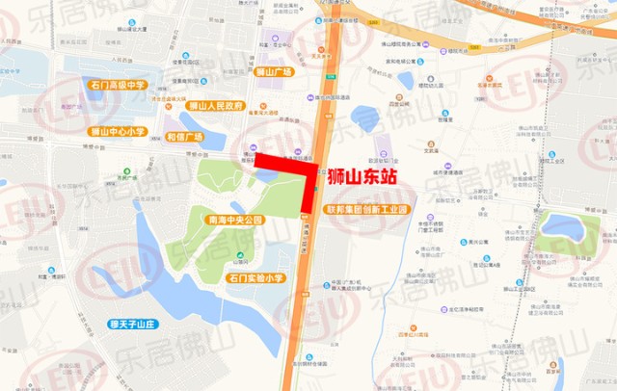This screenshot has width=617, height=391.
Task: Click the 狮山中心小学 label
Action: pos(117,131)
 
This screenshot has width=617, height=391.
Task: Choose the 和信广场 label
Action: pos(179,137)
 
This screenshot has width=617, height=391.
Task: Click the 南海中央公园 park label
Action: pos(235,220)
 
